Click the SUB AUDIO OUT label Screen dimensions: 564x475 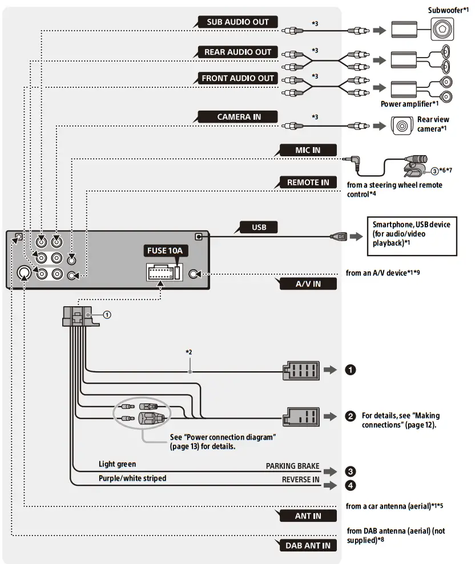click(x=237, y=22)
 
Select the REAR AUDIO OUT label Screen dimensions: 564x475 click(x=237, y=52)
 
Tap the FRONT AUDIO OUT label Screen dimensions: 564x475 click(x=237, y=78)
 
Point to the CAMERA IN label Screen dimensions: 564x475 click(x=239, y=117)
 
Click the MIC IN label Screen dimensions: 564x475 click(x=308, y=150)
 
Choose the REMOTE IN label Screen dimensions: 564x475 click(x=308, y=182)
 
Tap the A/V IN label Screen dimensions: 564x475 click(x=308, y=284)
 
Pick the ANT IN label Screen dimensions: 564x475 click(x=308, y=516)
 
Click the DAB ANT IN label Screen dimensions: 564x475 click(x=308, y=545)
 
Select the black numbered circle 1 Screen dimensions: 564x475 click(x=351, y=370)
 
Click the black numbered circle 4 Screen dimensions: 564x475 click(x=351, y=486)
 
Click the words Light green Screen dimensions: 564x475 click(x=117, y=464)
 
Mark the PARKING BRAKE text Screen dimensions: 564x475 click(x=292, y=466)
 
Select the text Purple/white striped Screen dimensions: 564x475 click(x=132, y=478)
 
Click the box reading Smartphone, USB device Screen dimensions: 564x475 click(x=411, y=234)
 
